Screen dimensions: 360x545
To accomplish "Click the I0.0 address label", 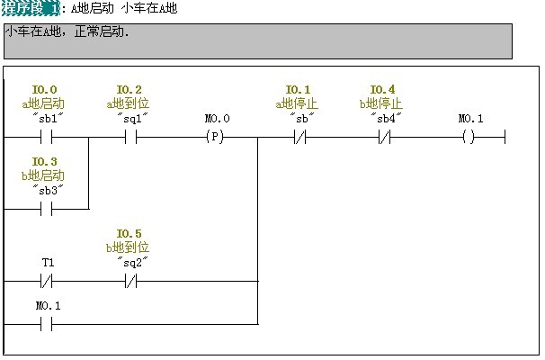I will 45,89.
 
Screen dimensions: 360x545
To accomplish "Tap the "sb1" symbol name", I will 47,118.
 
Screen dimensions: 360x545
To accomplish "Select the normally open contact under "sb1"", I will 47,138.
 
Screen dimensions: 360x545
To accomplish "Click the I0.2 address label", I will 130,89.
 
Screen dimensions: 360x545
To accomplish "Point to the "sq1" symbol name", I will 131,118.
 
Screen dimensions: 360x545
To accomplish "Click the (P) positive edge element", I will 215,138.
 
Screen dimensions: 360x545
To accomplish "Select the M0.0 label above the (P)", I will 217,118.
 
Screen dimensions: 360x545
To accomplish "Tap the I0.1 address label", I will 298,89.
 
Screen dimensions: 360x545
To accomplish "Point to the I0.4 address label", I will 382,89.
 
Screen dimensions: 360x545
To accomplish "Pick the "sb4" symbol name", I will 384,118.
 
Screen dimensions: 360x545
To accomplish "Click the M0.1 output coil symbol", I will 468,138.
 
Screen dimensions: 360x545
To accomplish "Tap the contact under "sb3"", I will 47,209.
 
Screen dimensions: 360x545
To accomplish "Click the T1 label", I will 48,262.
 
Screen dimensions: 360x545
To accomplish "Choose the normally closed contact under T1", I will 47,281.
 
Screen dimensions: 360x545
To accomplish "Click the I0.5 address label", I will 130,233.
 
